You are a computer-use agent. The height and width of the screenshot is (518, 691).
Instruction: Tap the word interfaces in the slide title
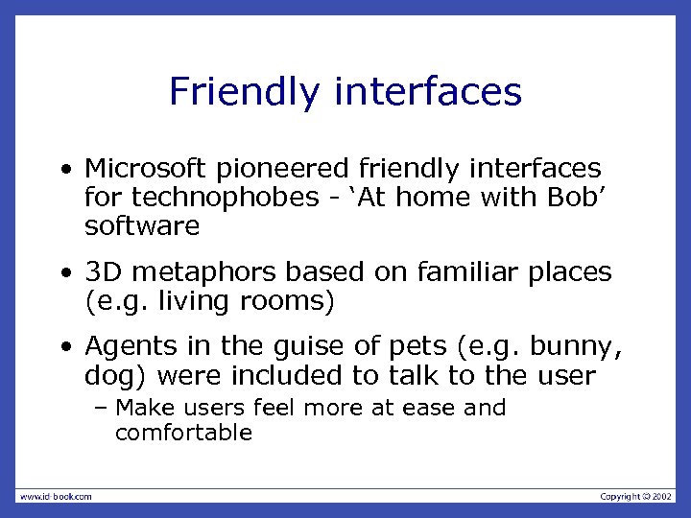click(428, 92)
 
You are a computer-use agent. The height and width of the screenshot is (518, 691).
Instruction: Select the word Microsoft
click(145, 169)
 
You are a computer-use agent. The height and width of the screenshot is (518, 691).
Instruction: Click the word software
click(142, 226)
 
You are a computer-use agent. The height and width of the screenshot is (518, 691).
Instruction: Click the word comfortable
click(183, 433)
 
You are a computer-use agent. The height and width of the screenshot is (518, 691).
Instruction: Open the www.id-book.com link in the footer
click(55, 496)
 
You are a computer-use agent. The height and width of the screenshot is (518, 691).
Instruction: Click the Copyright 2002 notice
click(636, 496)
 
